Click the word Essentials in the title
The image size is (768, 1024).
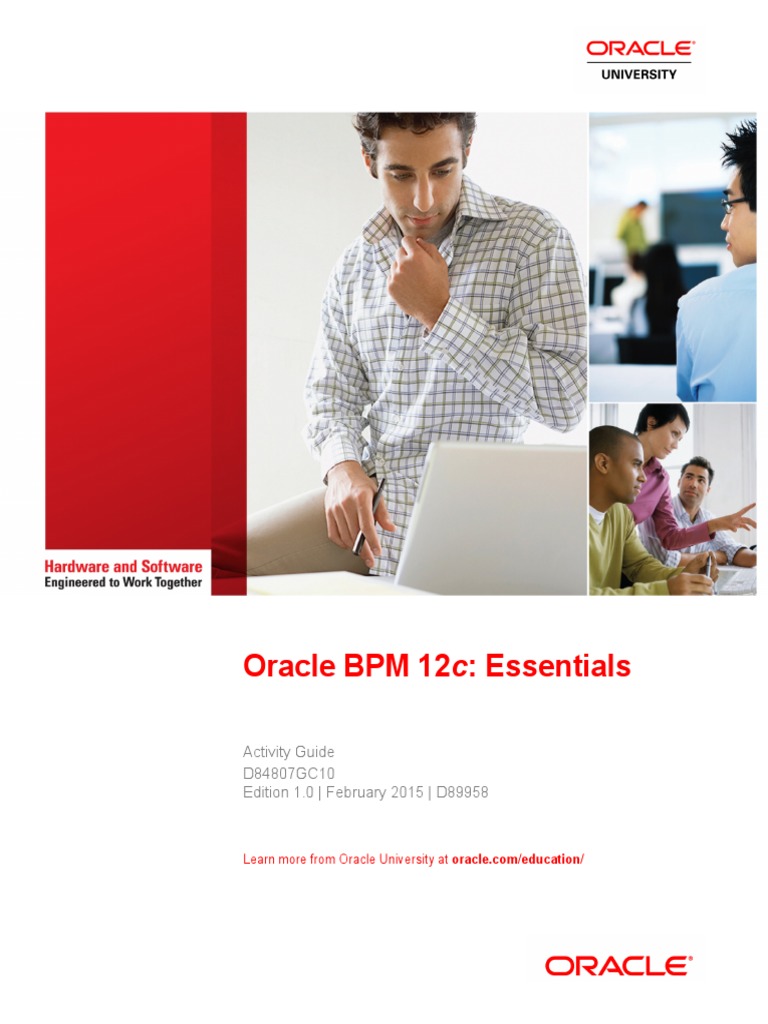tap(558, 666)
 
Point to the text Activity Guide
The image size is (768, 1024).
tap(289, 751)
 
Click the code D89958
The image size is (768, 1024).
tap(461, 792)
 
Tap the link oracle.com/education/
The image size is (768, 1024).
tap(517, 859)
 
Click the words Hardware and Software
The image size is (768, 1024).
tap(123, 567)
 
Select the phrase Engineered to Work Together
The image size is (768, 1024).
tap(123, 582)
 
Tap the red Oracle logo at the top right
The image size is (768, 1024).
tap(640, 48)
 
